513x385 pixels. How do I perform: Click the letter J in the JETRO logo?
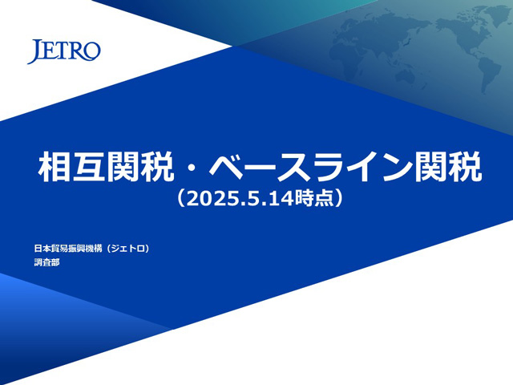click(x=34, y=51)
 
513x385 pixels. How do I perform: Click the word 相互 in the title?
click(x=71, y=167)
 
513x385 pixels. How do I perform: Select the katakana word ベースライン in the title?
click(x=311, y=167)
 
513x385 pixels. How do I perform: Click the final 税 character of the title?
click(x=465, y=167)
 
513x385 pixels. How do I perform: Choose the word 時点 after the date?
click(x=313, y=199)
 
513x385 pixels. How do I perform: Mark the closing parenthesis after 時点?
click(x=338, y=199)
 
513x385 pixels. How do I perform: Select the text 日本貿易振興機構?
click(x=68, y=249)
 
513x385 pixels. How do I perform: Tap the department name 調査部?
click(x=46, y=262)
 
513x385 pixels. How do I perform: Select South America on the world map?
click(x=487, y=74)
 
